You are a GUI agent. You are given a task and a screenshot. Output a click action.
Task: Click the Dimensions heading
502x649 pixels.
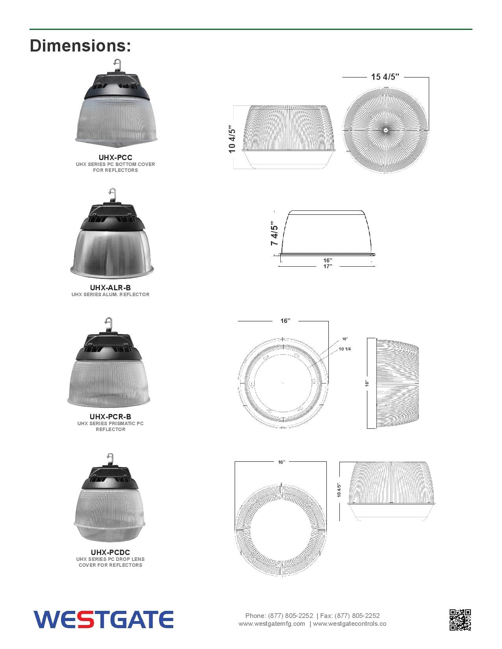(x=80, y=46)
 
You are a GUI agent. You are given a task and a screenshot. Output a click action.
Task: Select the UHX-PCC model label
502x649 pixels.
(x=115, y=157)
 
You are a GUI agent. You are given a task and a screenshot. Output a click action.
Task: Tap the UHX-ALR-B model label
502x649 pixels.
(x=110, y=288)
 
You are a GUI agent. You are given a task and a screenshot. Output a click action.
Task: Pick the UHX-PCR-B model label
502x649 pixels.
(x=110, y=417)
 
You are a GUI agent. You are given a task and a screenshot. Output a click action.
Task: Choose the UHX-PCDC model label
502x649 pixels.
(x=110, y=552)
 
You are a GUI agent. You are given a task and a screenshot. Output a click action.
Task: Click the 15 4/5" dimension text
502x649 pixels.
(x=385, y=76)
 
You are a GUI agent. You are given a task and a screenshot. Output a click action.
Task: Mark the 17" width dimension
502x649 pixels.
(x=328, y=266)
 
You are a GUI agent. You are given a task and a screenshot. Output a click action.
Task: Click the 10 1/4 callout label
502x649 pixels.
(x=345, y=349)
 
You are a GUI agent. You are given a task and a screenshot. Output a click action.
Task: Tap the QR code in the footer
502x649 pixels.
(x=460, y=619)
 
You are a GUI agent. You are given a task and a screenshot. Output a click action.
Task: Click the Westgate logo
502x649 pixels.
(x=104, y=619)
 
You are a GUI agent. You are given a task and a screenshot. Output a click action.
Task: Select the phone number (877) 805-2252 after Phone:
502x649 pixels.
(x=291, y=616)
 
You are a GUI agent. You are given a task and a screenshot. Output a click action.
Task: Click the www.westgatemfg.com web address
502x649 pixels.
(x=272, y=623)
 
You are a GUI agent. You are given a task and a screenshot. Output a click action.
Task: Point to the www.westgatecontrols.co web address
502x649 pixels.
(x=350, y=623)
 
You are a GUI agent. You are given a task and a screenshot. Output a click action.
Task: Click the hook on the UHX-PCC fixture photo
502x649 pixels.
(x=117, y=64)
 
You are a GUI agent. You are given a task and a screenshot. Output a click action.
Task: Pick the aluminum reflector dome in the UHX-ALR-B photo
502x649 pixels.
(x=112, y=250)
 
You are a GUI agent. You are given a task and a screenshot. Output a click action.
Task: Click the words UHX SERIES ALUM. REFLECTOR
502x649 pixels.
(x=110, y=294)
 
